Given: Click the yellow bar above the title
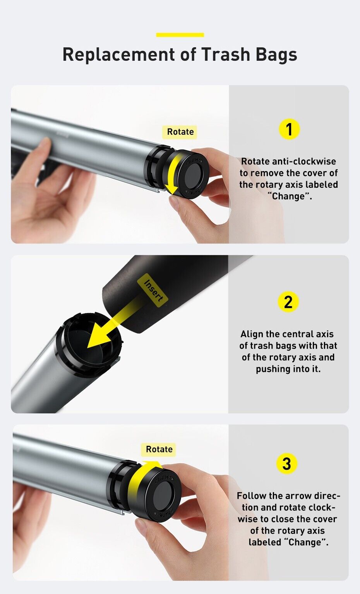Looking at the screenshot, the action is tap(180, 35).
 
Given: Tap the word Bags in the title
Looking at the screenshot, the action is tap(276, 55).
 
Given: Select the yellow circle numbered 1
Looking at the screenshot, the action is tap(289, 129).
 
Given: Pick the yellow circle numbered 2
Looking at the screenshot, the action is tap(288, 302).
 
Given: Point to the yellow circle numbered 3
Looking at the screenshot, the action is tap(287, 464).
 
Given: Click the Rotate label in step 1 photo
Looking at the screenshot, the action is tap(180, 132).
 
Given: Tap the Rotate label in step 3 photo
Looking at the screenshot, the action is tap(159, 449).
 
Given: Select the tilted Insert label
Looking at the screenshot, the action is tap(153, 290).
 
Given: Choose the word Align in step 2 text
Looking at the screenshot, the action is tap(252, 334).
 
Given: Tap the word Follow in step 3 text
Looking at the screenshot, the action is tap(251, 496).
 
